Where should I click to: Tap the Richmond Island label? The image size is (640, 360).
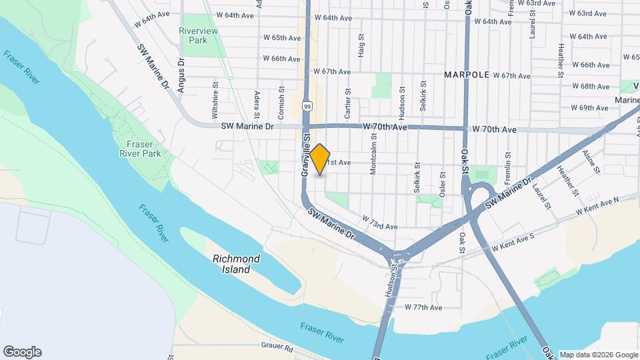(x=231, y=265)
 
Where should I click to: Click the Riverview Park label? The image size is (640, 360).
(x=193, y=35)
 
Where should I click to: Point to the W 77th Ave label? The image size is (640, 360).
(x=423, y=307)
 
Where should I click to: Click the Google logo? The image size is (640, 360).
(x=22, y=352)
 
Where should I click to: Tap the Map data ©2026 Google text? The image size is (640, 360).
(x=598, y=355)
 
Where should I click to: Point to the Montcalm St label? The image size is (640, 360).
(x=373, y=159)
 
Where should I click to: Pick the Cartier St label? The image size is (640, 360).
(x=347, y=103)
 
